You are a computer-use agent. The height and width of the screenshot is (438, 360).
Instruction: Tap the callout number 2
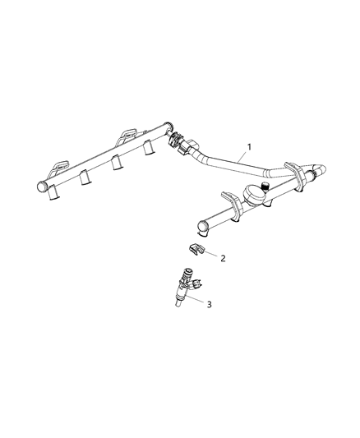[x=221, y=257]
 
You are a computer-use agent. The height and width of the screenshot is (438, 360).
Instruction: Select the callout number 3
[x=210, y=305]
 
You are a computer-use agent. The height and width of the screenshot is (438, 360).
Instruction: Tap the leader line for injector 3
[x=197, y=299]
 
